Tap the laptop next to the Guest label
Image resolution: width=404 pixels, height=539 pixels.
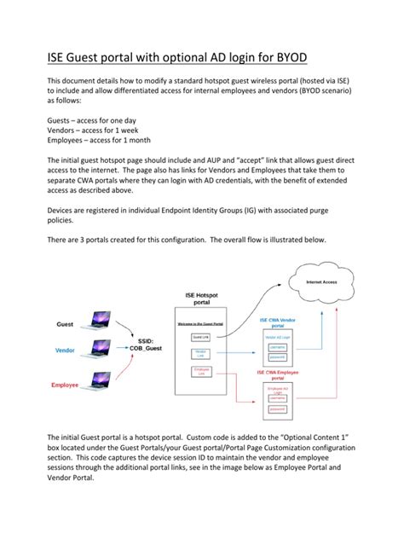coord(100,323)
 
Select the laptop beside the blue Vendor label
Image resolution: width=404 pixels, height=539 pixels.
coord(100,351)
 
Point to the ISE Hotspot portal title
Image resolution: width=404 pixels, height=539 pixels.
coord(202,298)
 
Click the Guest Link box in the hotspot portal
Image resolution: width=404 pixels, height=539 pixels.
coord(201,339)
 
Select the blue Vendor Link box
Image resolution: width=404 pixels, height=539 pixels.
coord(201,354)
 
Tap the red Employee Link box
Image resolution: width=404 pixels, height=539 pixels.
coord(201,372)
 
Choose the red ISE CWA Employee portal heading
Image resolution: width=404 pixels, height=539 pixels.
coord(280,374)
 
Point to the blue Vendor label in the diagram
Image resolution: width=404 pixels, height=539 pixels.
coord(65,351)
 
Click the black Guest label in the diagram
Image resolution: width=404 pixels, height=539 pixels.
coord(66,324)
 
